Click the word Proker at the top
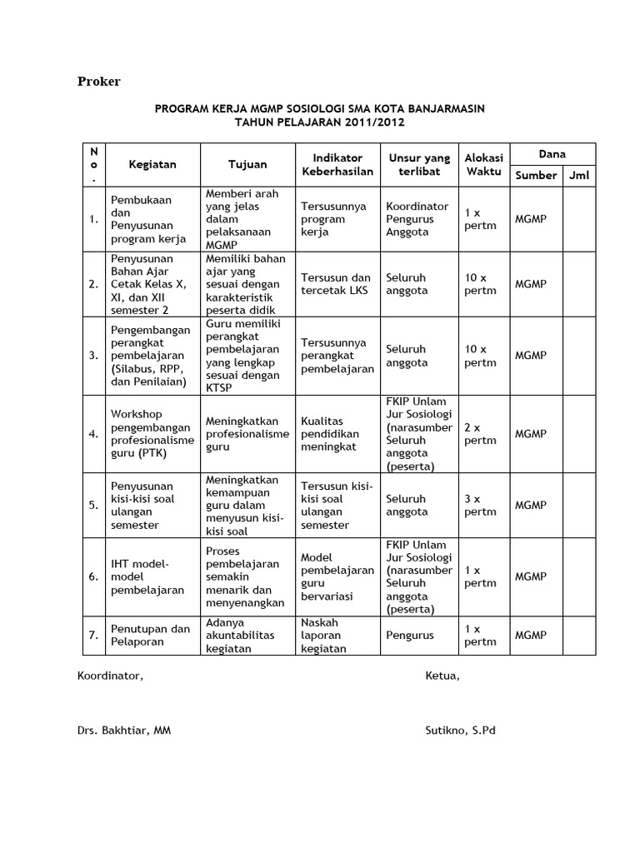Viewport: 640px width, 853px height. point(99,82)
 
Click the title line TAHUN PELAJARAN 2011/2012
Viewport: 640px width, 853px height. point(320,122)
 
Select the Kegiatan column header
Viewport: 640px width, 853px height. point(152,164)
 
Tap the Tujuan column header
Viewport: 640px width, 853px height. point(247,164)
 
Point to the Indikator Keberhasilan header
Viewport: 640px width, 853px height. point(337,164)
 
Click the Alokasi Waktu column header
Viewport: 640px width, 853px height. point(483,164)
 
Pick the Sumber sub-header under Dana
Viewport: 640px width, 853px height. point(535,175)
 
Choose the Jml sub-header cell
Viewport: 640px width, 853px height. point(578,175)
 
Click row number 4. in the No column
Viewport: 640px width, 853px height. point(93,434)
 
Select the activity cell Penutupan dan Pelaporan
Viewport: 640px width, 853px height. point(150,636)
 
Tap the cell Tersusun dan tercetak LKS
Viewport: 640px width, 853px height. point(337,284)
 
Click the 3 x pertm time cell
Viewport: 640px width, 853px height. point(480,506)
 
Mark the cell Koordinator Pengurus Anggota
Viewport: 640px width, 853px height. point(417,219)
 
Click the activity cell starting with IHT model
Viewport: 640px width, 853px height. point(147,577)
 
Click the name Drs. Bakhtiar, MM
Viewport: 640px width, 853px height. point(124,731)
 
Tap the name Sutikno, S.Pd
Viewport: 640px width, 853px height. point(460,731)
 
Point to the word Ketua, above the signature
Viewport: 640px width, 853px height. point(442,676)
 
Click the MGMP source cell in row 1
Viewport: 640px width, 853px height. point(531,219)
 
